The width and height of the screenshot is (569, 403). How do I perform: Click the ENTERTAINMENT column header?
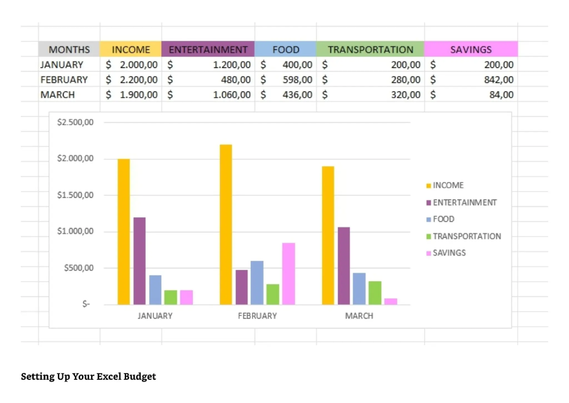208,49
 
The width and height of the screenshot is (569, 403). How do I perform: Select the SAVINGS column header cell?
471,49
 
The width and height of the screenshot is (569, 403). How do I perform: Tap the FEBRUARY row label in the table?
64,80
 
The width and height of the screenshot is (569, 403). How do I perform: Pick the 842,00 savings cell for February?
498,80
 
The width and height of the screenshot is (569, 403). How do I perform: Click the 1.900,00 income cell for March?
138,95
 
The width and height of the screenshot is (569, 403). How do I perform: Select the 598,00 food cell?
297,80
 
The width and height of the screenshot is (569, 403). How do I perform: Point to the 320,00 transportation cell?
405,95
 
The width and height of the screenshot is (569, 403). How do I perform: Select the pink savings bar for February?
288,274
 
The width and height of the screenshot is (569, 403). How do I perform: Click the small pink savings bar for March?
391,301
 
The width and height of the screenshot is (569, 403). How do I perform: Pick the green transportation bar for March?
375,293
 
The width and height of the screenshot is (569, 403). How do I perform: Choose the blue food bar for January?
155,290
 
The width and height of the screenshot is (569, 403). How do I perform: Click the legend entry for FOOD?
443,219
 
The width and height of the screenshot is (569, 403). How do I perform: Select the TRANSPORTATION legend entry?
466,236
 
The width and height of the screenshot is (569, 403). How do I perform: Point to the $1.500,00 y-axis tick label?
75,195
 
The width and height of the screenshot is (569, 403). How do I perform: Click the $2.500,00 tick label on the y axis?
75,122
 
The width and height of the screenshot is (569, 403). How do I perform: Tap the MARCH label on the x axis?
359,316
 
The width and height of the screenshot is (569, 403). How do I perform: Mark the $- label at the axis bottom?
86,304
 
